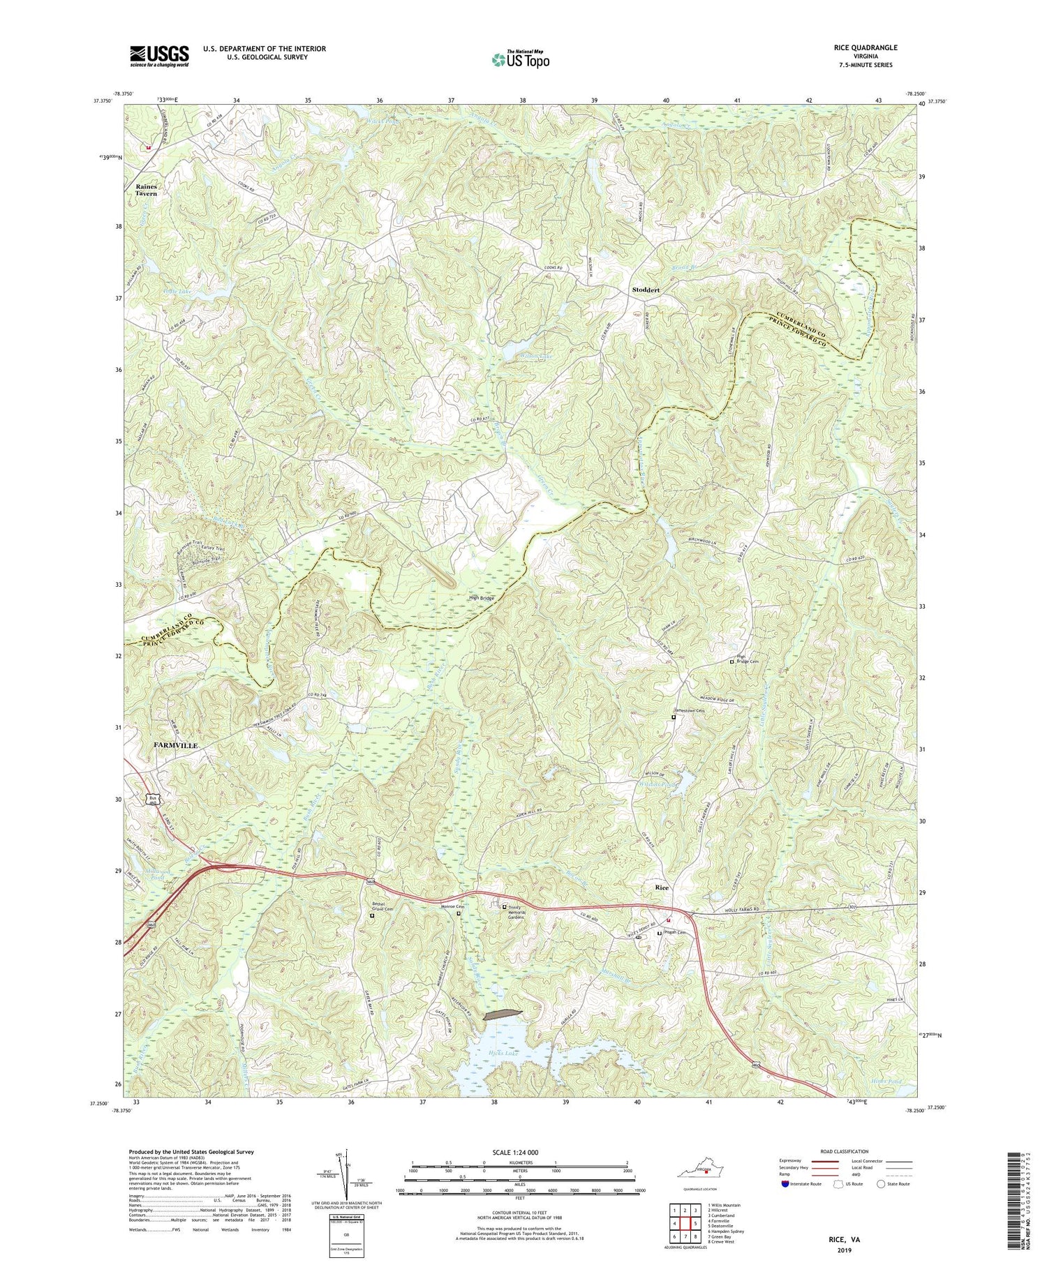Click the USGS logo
click(159, 56)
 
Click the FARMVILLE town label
click(175, 746)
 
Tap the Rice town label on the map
click(662, 888)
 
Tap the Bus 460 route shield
click(153, 800)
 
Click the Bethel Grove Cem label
click(381, 909)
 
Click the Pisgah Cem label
click(675, 933)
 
